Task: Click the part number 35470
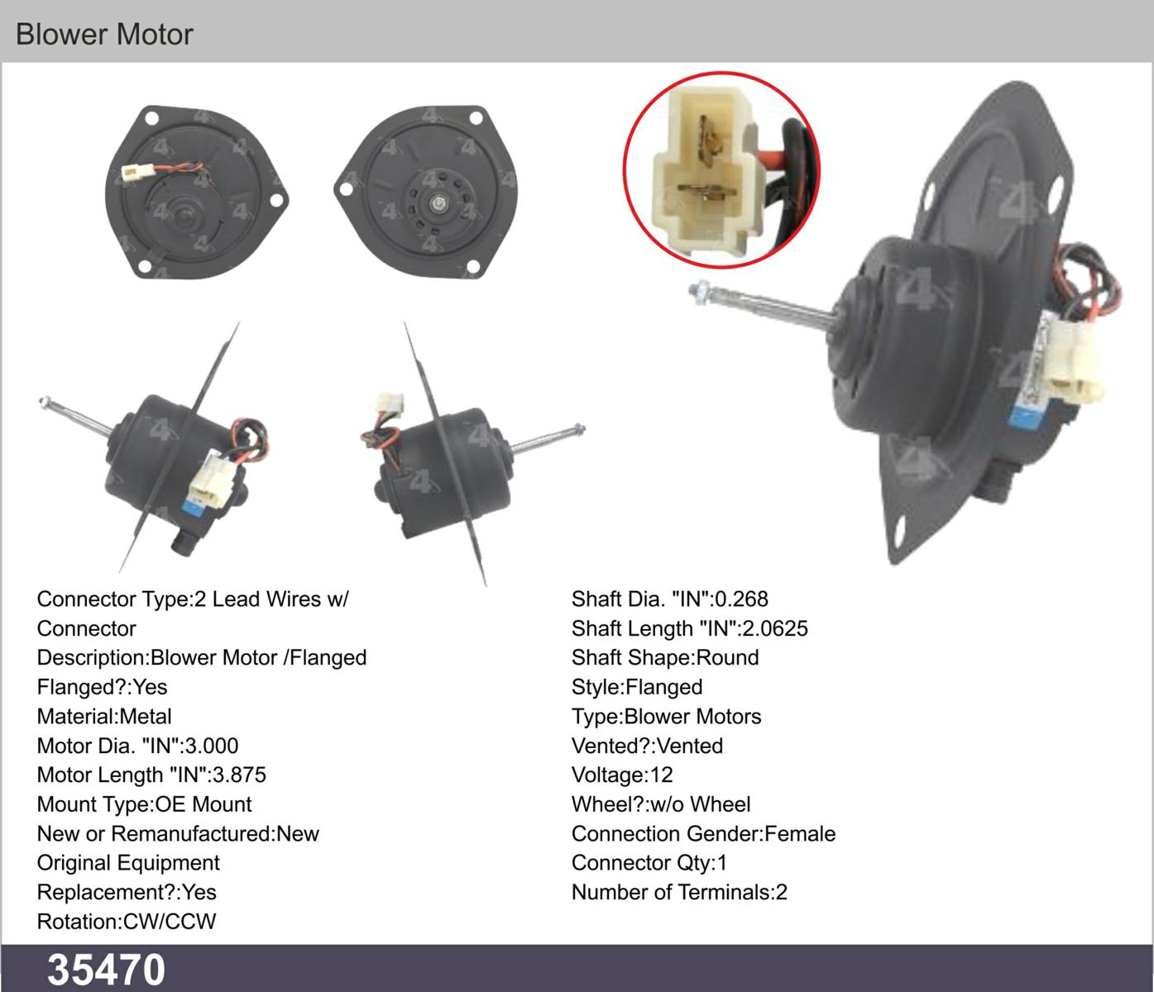[106, 970]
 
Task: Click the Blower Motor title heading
[104, 34]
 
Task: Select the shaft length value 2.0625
[775, 629]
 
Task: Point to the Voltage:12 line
[622, 775]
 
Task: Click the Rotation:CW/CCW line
[127, 922]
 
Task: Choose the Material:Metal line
[104, 717]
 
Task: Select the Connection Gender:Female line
[703, 833]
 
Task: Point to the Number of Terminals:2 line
[679, 892]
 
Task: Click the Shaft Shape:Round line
[665, 658]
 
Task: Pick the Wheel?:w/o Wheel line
[661, 804]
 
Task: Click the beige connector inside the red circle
[707, 173]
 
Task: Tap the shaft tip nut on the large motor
[699, 293]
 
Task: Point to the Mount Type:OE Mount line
[144, 804]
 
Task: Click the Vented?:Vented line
[647, 746]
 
